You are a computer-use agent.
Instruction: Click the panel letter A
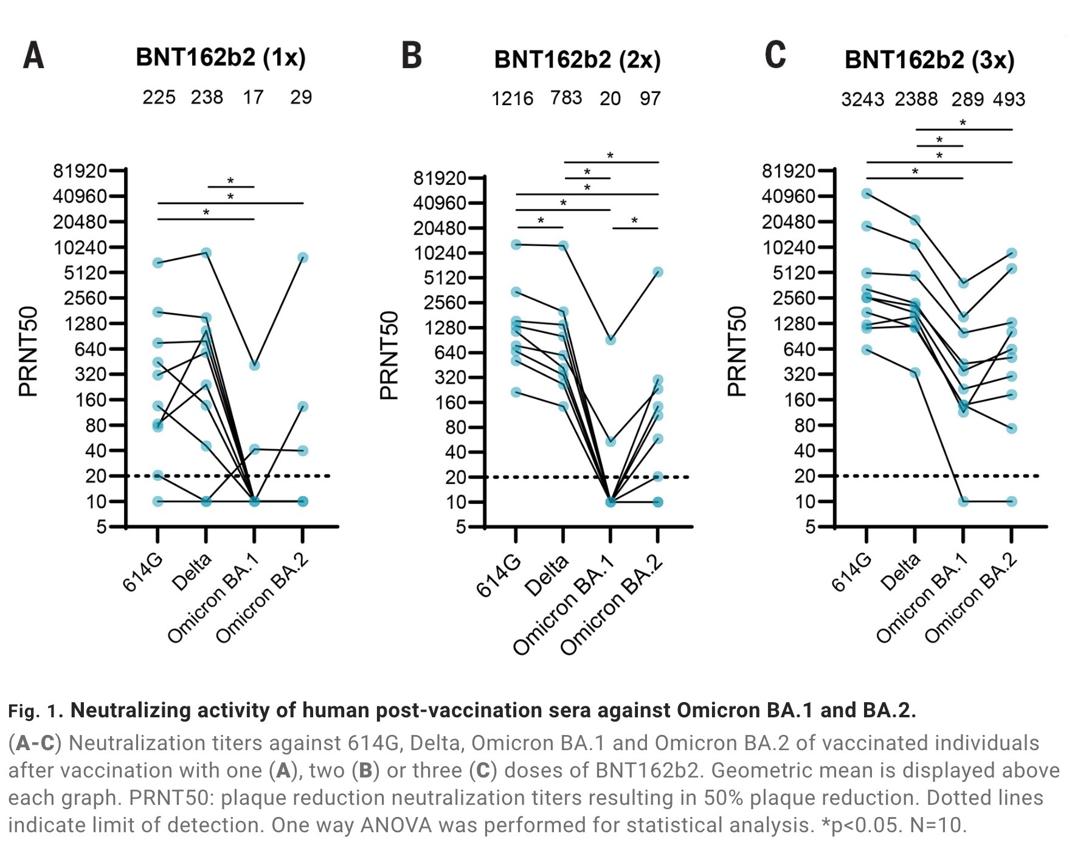(33, 56)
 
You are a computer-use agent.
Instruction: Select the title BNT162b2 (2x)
(577, 60)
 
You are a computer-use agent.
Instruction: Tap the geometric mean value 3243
(862, 99)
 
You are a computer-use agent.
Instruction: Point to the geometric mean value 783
(566, 98)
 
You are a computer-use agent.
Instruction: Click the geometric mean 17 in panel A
(253, 97)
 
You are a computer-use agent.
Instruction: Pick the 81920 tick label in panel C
(789, 171)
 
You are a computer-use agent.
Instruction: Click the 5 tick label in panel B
(461, 527)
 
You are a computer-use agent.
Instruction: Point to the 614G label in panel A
(144, 573)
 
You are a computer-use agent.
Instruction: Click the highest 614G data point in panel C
(866, 193)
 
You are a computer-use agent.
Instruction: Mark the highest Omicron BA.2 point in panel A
(302, 258)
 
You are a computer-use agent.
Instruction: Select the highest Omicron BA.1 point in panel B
(610, 340)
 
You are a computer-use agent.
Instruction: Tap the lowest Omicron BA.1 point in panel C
(963, 502)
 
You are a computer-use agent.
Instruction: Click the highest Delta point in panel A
(206, 253)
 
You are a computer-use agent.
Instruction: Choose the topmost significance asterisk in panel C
(963, 123)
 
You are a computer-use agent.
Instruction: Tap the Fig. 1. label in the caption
(35, 711)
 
